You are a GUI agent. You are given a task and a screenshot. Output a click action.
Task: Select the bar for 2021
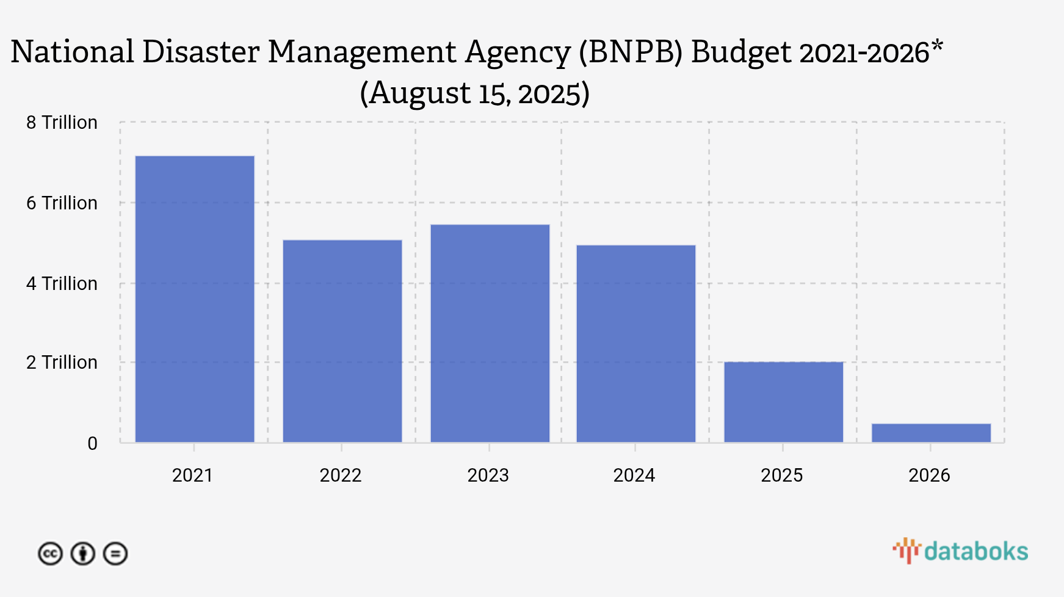pyautogui.click(x=195, y=299)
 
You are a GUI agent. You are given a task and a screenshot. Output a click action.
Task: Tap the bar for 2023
pyautogui.click(x=490, y=333)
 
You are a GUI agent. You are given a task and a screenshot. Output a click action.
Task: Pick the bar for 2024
pyautogui.click(x=636, y=344)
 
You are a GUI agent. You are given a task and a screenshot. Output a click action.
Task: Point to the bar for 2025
pyautogui.click(x=783, y=402)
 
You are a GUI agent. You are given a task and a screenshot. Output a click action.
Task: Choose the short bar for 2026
pyautogui.click(x=931, y=433)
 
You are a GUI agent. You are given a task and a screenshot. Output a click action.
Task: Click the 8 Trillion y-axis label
pyautogui.click(x=62, y=123)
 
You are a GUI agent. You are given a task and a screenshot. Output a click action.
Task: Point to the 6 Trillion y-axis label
pyautogui.click(x=62, y=203)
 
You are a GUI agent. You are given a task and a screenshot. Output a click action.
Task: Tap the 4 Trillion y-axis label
pyautogui.click(x=62, y=284)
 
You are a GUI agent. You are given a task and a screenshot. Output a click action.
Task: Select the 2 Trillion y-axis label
pyautogui.click(x=62, y=363)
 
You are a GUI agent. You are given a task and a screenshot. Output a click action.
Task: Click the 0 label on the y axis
pyautogui.click(x=92, y=444)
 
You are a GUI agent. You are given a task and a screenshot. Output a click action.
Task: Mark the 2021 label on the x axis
pyautogui.click(x=192, y=476)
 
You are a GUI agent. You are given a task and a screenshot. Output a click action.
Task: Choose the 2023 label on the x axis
pyautogui.click(x=488, y=476)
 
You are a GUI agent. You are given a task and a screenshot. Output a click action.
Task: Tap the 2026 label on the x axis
pyautogui.click(x=929, y=476)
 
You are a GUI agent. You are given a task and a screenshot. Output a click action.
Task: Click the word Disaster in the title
pyautogui.click(x=201, y=52)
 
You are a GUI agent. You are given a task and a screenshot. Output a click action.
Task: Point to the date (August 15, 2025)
pyautogui.click(x=474, y=93)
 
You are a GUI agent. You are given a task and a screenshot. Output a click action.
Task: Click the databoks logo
pyautogui.click(x=960, y=551)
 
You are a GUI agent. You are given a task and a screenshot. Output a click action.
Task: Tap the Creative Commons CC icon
pyautogui.click(x=50, y=554)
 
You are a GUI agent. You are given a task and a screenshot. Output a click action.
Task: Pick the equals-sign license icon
pyautogui.click(x=115, y=554)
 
